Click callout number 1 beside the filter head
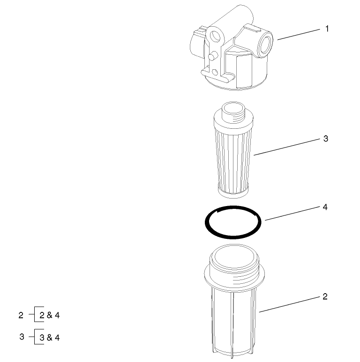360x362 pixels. [327, 29]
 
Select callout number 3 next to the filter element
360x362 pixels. [326, 139]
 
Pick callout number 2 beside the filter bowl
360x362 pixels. [325, 296]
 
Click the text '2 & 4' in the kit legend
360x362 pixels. [50, 315]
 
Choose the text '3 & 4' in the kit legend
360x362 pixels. [50, 337]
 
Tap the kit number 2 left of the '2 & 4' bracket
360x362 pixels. [21, 315]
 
